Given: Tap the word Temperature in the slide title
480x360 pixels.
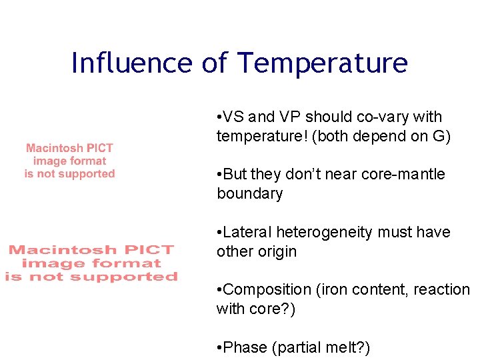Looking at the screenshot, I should pyautogui.click(x=323, y=63).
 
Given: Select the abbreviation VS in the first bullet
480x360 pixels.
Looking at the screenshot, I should pyautogui.click(x=233, y=117).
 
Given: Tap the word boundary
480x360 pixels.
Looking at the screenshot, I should pyautogui.click(x=249, y=194).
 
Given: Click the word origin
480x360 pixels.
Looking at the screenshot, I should pyautogui.click(x=274, y=252).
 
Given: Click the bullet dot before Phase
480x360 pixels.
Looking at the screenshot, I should pyautogui.click(x=220, y=347).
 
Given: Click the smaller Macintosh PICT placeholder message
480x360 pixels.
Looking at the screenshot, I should pyautogui.click(x=69, y=161).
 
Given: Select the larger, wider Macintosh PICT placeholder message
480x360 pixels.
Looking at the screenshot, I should pyautogui.click(x=91, y=263).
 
